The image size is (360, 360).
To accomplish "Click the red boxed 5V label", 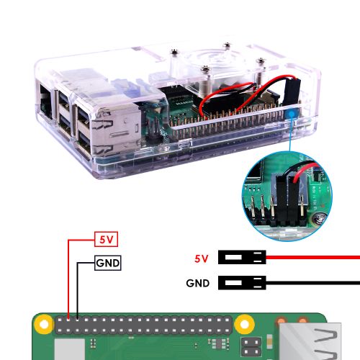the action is tap(106, 239).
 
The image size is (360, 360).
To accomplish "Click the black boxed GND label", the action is tap(107, 263).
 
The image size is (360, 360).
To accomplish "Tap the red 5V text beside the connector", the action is tap(201, 258).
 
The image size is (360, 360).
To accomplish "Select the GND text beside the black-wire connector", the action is tap(198, 283).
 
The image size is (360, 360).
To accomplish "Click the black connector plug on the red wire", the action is tap(242, 257).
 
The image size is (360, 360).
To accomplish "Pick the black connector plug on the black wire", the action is tap(242, 283).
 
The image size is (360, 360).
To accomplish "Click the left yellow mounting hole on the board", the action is tap(44, 325).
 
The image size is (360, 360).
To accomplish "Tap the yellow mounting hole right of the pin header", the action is tap(244, 325).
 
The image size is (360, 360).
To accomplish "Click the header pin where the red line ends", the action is tap(68, 320).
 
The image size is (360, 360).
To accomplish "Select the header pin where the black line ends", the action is tap(77, 320).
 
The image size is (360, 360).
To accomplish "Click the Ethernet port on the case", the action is tap(45, 102).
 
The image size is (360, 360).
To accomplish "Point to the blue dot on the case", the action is tap(292, 114).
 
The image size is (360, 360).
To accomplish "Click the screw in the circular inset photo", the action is tap(319, 218).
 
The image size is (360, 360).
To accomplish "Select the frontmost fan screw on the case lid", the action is tap(206, 70).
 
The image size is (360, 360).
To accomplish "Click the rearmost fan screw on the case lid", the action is tap(226, 45).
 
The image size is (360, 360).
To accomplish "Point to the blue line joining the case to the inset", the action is tap(291, 135).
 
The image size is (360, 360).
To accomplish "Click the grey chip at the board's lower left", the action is tap(70, 349).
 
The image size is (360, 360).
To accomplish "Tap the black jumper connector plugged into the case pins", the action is tap(291, 91).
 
